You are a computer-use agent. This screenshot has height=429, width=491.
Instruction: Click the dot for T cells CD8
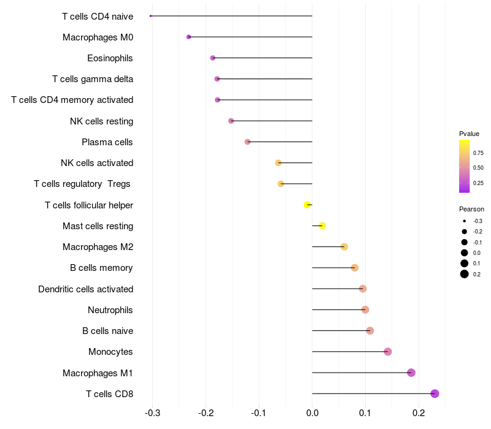click(x=435, y=393)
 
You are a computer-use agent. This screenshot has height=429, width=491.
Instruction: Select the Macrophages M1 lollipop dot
click(x=411, y=373)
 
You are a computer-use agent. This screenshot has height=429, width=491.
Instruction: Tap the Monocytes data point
click(x=388, y=352)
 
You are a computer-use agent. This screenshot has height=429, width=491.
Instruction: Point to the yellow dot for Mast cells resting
click(x=322, y=226)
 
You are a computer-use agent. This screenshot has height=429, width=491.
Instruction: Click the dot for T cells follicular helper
click(x=307, y=205)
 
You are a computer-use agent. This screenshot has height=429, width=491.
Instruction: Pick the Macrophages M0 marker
click(x=189, y=37)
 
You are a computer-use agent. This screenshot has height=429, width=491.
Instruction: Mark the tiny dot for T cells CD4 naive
click(x=150, y=16)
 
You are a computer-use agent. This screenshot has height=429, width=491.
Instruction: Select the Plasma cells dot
click(x=247, y=142)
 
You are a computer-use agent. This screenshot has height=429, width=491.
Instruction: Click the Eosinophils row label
click(x=110, y=58)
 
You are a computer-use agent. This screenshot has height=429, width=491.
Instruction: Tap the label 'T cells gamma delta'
click(x=93, y=79)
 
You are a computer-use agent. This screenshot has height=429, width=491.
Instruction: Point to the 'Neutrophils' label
click(x=110, y=310)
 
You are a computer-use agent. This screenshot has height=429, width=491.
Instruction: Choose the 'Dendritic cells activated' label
click(x=85, y=289)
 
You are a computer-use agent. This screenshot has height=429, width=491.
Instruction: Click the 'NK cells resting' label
click(x=101, y=121)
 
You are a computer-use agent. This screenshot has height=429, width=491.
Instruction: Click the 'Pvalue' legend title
click(x=469, y=134)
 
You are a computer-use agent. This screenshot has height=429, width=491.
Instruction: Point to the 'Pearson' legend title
click(x=471, y=209)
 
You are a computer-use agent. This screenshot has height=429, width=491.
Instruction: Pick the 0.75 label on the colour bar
click(x=478, y=153)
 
